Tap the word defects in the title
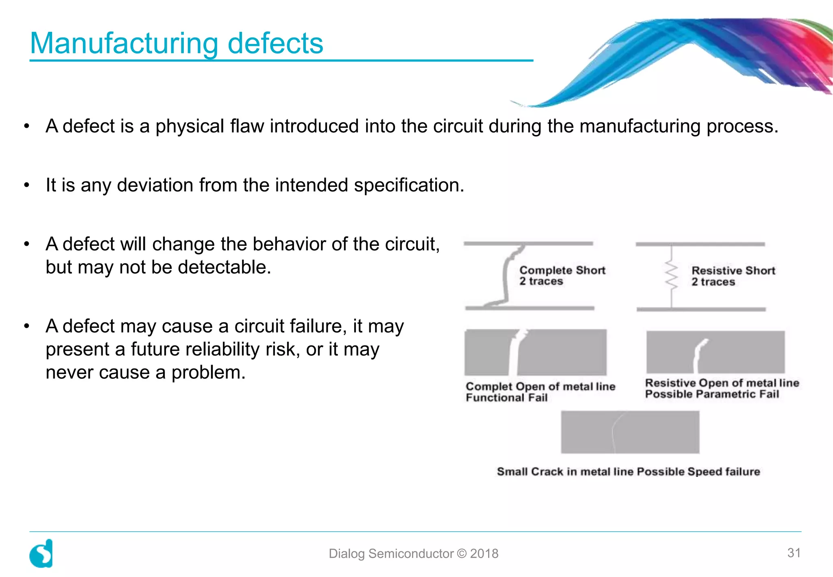tap(275, 43)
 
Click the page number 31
tap(794, 553)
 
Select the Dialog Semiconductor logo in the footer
tap(41, 553)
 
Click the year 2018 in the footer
tap(484, 553)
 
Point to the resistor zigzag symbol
tap(672, 275)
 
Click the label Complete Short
tap(562, 270)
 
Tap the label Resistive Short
tap(733, 271)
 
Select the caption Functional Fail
tap(506, 398)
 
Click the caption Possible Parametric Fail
tap(712, 394)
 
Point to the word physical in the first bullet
tap(190, 126)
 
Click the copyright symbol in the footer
tap(462, 553)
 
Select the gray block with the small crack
tap(630, 432)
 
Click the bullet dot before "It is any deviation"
tap(27, 186)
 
